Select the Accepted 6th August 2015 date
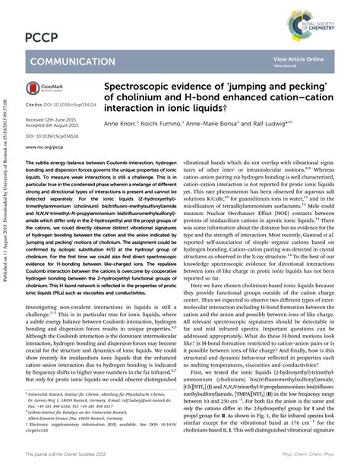(54, 125)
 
